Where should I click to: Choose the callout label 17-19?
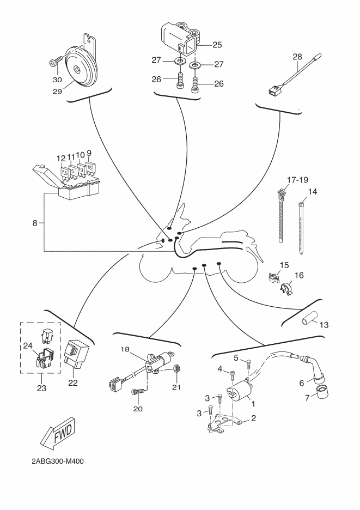click(294, 178)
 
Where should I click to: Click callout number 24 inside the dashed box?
click(28, 345)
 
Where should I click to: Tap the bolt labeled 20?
click(138, 391)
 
